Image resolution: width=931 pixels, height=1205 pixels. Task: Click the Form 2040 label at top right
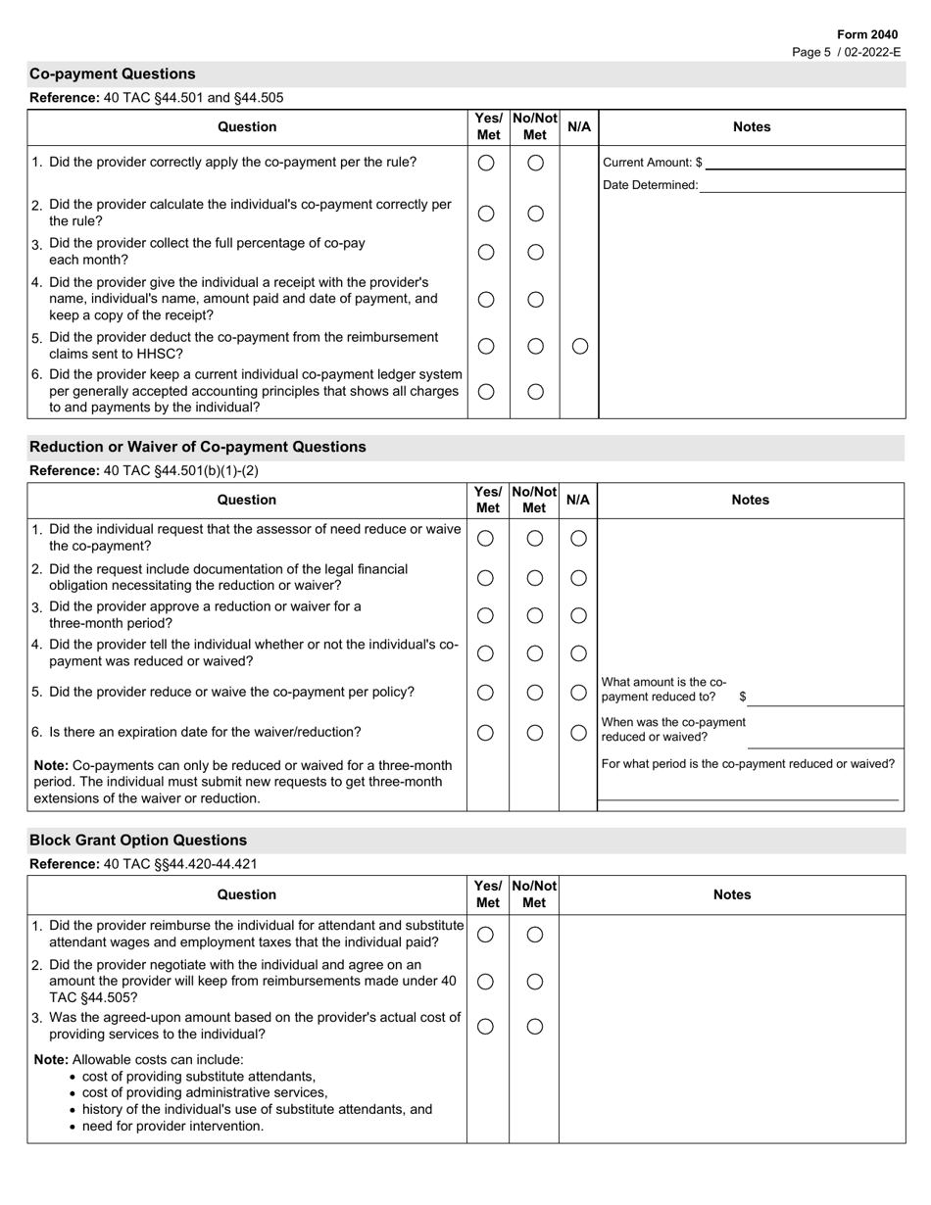[866, 34]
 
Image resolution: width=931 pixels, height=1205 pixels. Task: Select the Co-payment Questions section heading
[113, 74]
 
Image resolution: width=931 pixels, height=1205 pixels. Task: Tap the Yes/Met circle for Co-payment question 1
[486, 164]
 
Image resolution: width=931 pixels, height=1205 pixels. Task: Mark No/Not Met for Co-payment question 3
[535, 252]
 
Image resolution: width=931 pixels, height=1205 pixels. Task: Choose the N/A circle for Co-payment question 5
[579, 346]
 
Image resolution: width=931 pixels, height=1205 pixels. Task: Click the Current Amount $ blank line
[804, 163]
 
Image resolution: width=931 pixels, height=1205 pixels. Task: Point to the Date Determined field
[801, 185]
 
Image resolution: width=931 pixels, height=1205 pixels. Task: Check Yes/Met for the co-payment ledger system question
[486, 392]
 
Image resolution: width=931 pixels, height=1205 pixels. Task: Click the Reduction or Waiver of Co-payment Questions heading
[198, 447]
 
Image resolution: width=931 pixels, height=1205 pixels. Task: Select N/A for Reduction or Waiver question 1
[578, 538]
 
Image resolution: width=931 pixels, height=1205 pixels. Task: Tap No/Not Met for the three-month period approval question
[535, 615]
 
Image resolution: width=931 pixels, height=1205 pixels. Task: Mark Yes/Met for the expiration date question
[485, 733]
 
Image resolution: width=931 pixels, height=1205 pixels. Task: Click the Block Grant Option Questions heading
[138, 841]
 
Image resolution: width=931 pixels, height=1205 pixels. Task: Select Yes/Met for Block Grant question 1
[485, 935]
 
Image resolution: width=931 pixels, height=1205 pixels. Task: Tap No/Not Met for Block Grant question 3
[535, 1026]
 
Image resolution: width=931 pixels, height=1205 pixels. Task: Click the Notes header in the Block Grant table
[732, 894]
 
